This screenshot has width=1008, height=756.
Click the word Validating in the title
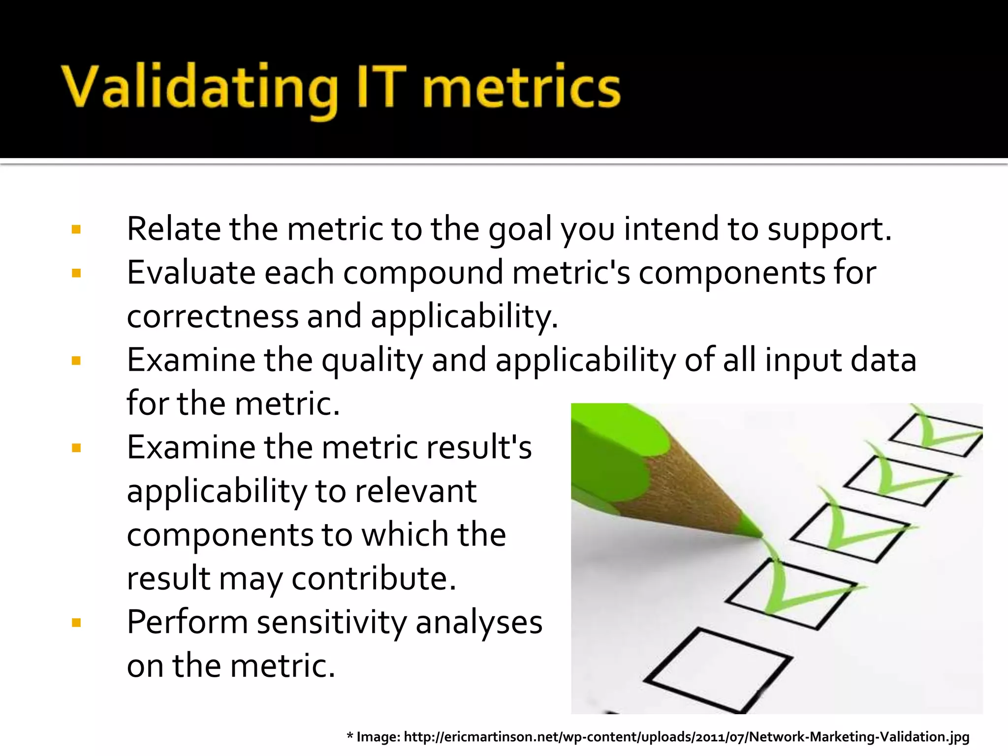pyautogui.click(x=199, y=88)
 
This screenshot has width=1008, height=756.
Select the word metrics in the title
pyautogui.click(x=522, y=88)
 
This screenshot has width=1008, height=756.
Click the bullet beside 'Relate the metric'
pyautogui.click(x=76, y=229)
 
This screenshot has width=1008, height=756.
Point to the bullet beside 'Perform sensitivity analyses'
pyautogui.click(x=76, y=623)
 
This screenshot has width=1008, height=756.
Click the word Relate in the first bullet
pyautogui.click(x=173, y=229)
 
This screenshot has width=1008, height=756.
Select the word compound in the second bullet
pyautogui.click(x=423, y=274)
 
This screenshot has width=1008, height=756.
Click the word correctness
pyautogui.click(x=213, y=316)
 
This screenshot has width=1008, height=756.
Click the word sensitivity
pyautogui.click(x=332, y=623)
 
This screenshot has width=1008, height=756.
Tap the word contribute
pyautogui.click(x=374, y=579)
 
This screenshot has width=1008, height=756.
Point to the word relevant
pyautogui.click(x=415, y=491)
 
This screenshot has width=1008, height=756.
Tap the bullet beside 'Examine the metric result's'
pyautogui.click(x=76, y=448)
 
